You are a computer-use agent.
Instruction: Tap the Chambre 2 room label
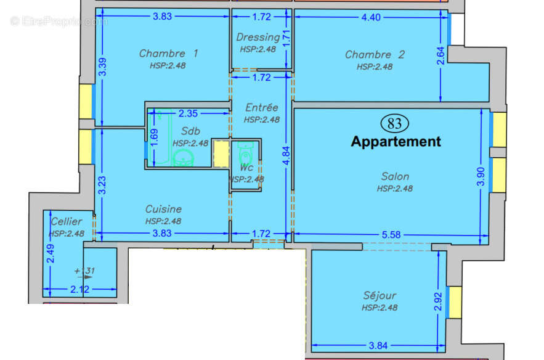375,54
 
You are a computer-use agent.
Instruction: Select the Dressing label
258,38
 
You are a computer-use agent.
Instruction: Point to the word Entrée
261,107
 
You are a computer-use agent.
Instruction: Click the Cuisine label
163,209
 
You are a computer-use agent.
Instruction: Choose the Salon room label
395,176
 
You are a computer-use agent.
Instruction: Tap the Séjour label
379,295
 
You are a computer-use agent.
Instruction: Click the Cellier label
66,221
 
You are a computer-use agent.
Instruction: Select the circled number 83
396,123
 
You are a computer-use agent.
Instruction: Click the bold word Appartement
396,141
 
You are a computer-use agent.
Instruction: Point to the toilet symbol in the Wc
245,150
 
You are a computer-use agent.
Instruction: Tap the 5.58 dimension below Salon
391,234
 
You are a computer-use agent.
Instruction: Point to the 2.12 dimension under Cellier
79,289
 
